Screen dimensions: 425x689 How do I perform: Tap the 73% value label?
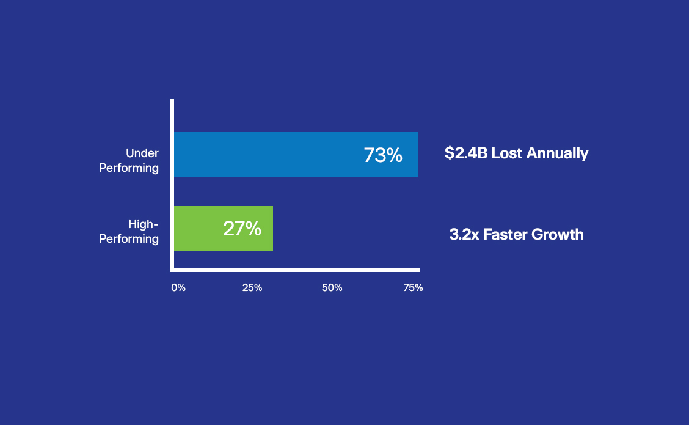coord(383,155)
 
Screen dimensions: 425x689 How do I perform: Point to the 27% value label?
coord(242,229)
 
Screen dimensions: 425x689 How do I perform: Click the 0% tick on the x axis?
coord(178,287)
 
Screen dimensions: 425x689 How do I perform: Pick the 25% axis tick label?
coord(252,287)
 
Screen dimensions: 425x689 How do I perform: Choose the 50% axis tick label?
coord(332,287)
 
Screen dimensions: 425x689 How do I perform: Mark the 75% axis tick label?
coord(413,287)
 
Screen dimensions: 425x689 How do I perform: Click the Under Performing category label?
coord(129,160)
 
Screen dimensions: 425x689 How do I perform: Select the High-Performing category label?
coord(129,231)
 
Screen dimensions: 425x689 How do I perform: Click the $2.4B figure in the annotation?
coord(465,153)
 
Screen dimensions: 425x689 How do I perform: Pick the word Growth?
coord(559,234)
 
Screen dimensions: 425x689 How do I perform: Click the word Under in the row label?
coord(142,153)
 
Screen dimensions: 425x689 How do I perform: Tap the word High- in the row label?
coord(144,224)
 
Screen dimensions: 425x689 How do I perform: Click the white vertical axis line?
coord(172,183)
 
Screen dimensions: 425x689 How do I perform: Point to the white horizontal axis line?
coord(296,269)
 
